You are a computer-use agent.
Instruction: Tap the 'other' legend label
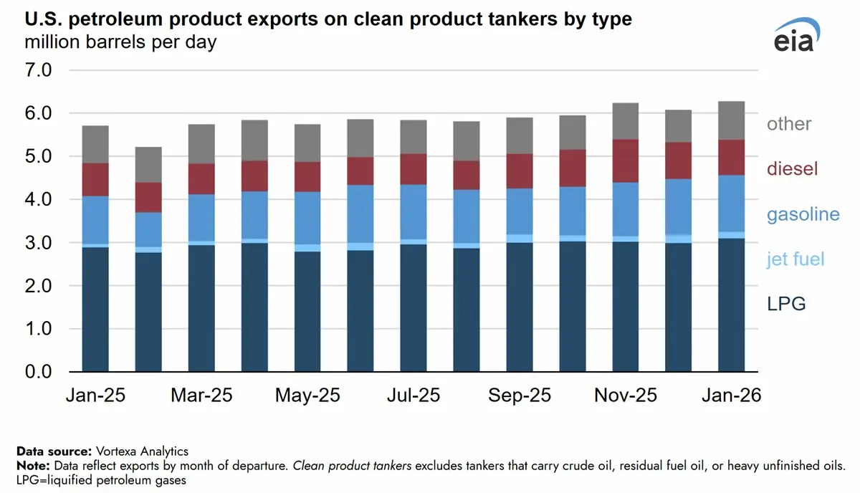click(789, 124)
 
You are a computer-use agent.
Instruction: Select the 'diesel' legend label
click(792, 169)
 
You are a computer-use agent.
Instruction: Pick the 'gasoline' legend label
click(803, 214)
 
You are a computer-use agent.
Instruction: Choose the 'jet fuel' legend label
click(795, 259)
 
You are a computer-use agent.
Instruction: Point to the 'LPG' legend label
click(786, 304)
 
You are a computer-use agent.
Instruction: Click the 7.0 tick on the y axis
click(39, 70)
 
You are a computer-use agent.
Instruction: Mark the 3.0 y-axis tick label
click(39, 243)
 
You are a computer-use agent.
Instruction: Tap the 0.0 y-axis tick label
click(39, 372)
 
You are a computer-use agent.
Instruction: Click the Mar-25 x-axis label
click(201, 396)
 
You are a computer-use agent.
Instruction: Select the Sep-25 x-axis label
click(520, 396)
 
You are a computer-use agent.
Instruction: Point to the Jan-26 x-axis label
click(731, 396)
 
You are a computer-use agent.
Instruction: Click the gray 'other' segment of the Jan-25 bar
click(95, 144)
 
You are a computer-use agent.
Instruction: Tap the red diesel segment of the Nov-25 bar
click(625, 161)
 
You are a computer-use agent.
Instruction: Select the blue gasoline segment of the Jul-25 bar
click(414, 211)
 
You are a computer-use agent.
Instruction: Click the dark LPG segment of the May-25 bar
click(307, 312)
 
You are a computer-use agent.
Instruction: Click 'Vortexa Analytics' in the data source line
click(141, 451)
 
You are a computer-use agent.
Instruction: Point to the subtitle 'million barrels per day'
click(120, 42)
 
